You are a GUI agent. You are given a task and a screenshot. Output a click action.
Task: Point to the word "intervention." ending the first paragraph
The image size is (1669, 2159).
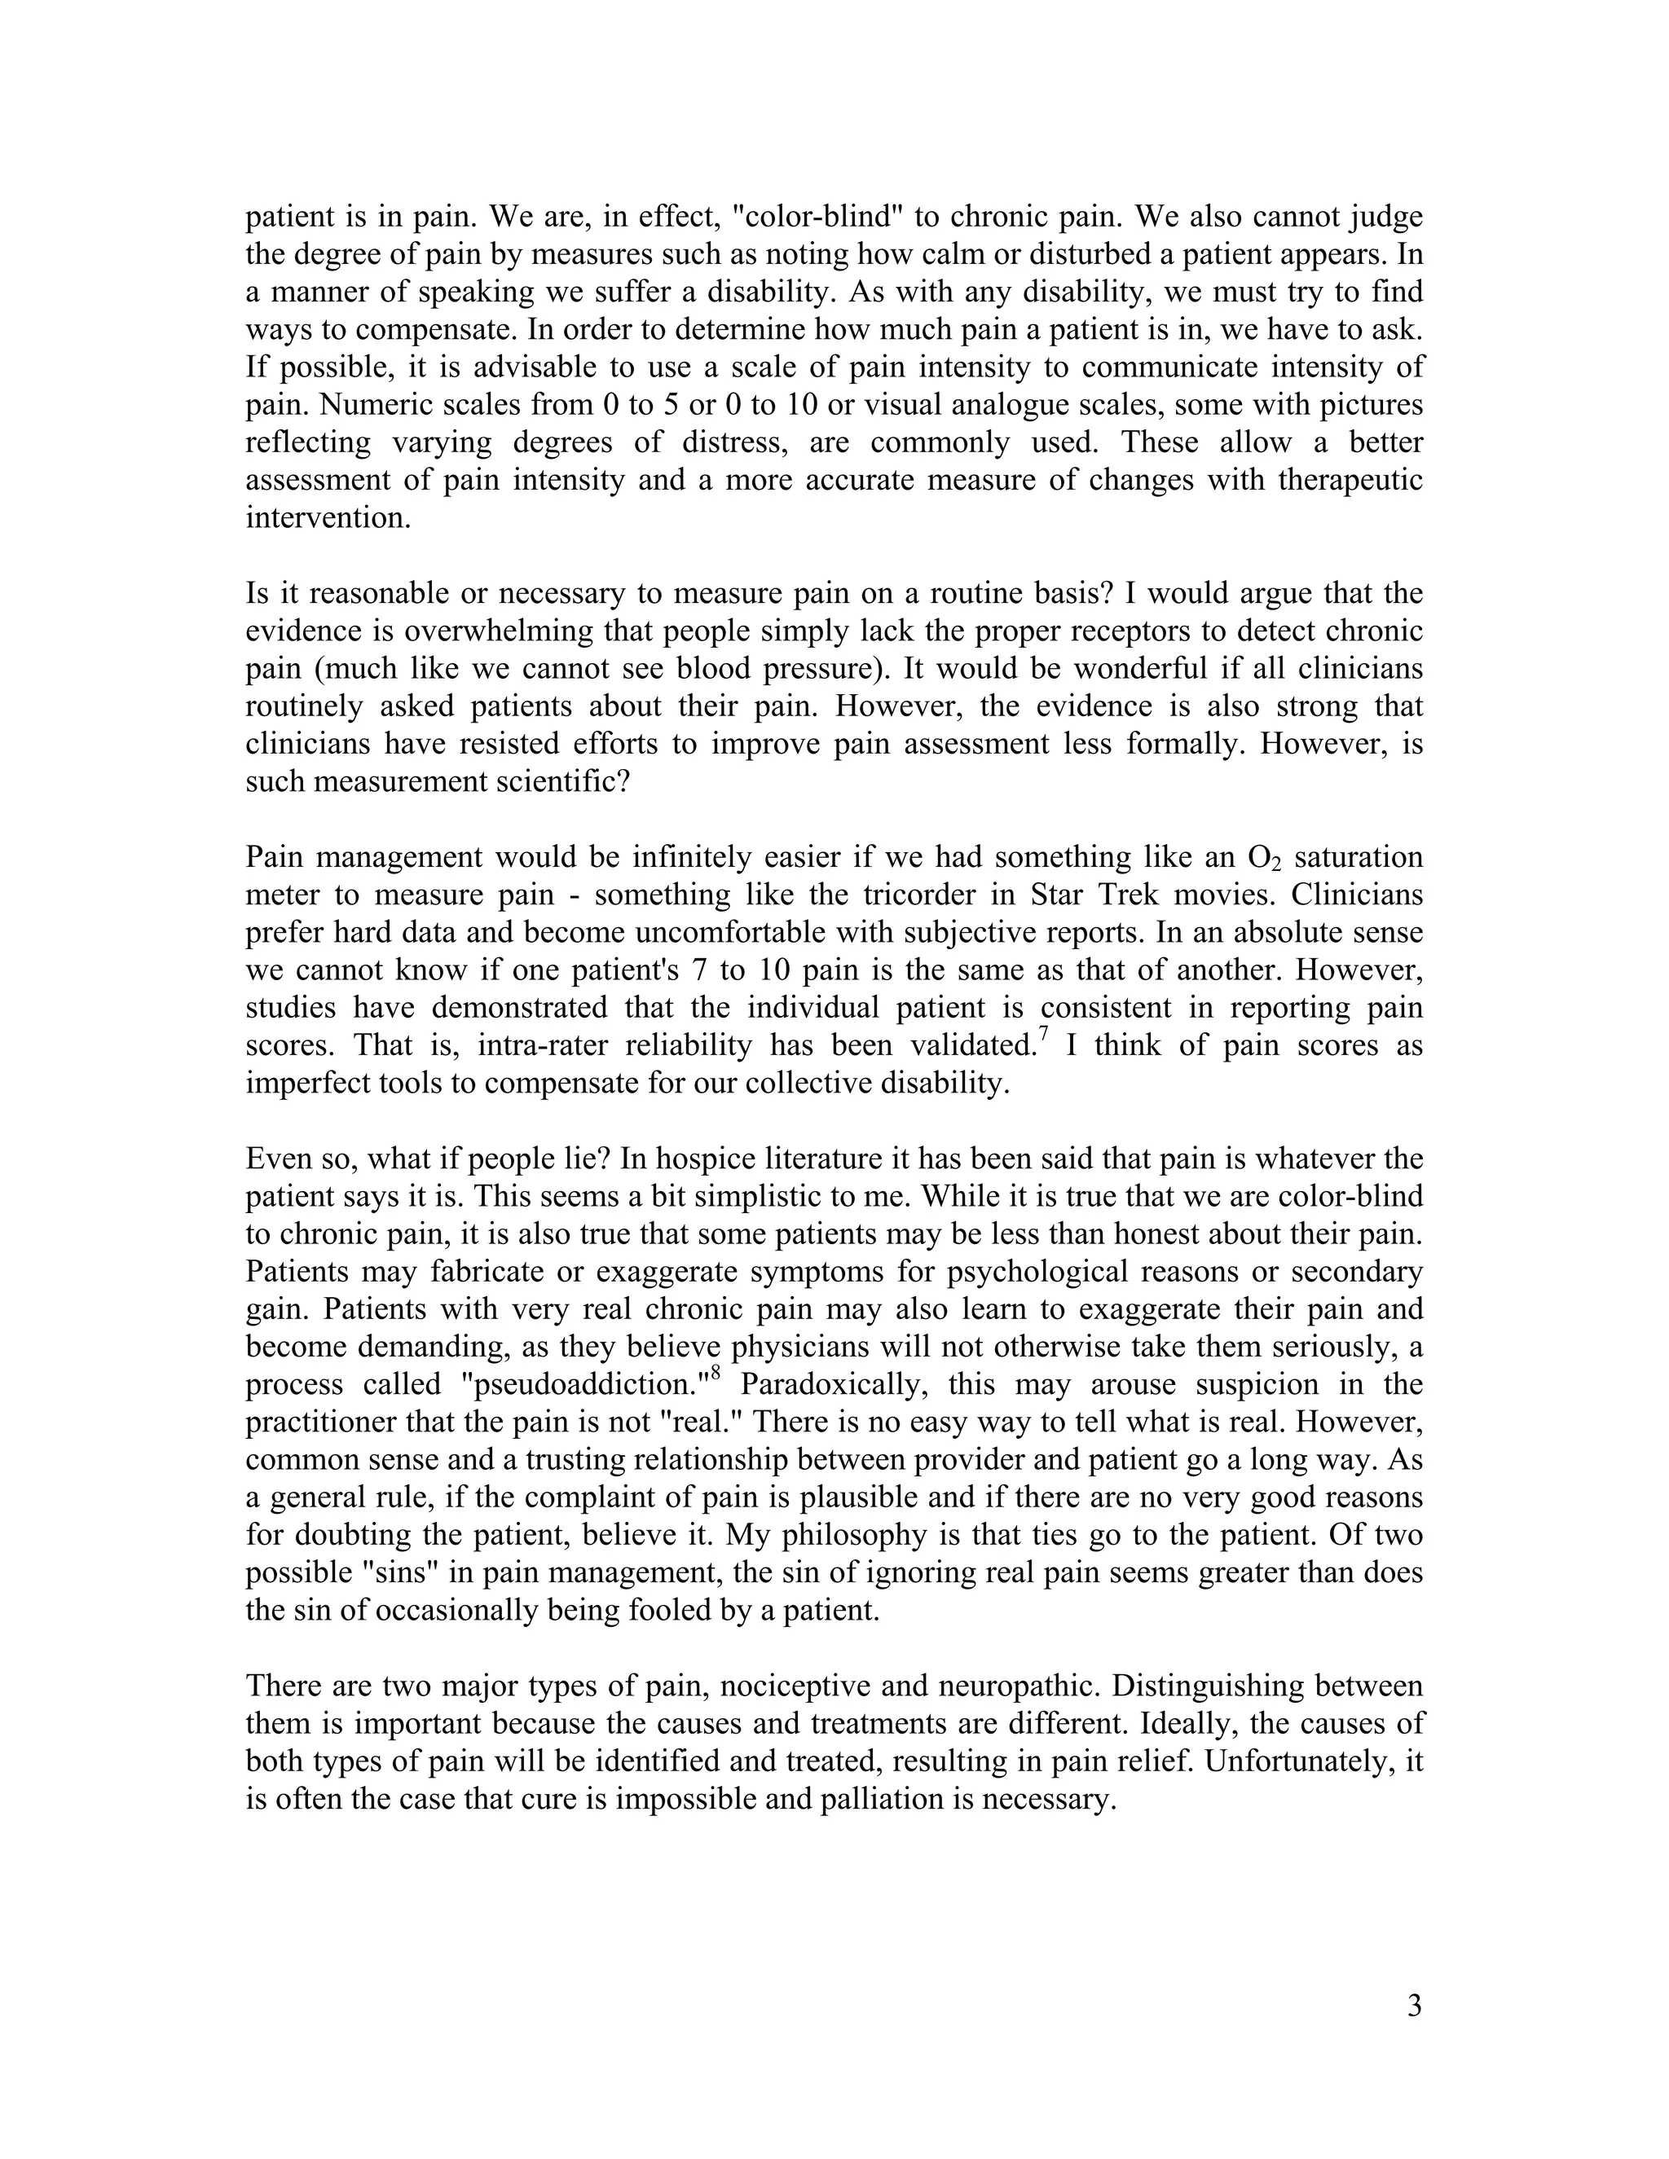(328, 518)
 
